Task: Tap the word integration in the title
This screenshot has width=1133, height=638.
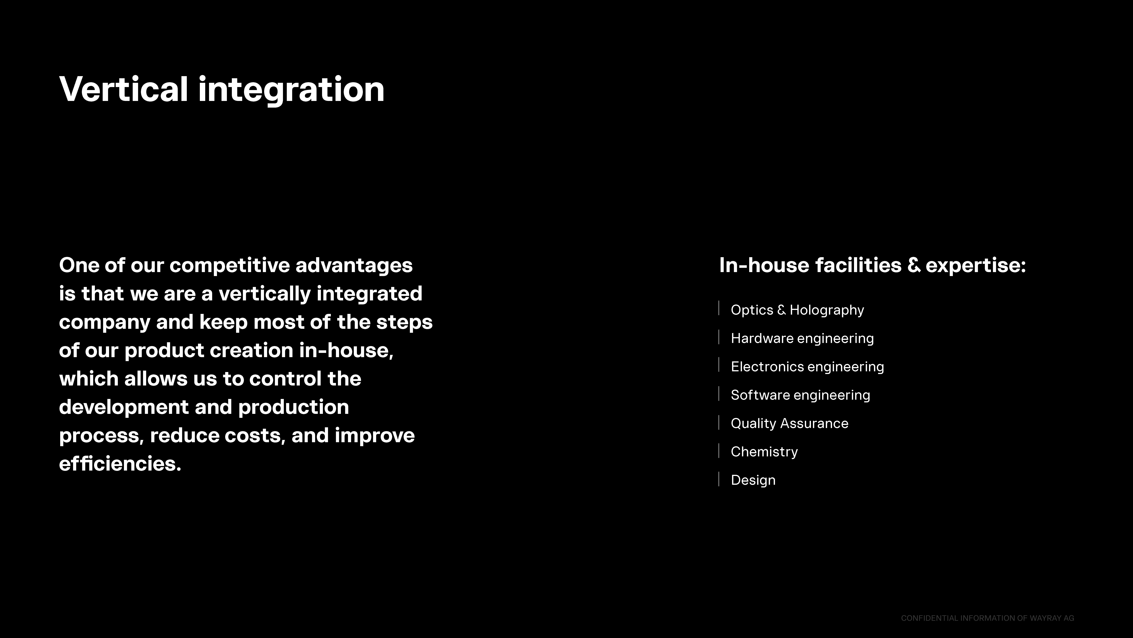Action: (291, 91)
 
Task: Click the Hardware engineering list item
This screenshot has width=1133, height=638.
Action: (802, 338)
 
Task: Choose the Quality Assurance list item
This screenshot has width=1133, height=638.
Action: (790, 423)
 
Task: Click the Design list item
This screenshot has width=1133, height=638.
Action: (753, 480)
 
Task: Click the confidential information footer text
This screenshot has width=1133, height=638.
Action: (987, 618)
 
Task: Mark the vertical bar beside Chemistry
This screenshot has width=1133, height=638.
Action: (719, 451)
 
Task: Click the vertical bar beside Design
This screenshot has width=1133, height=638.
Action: (719, 479)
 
